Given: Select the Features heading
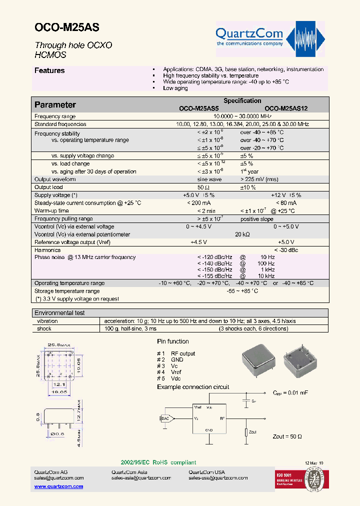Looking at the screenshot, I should pyautogui.click(x=49, y=71).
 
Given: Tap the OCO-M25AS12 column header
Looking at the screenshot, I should pyautogui.click(x=286, y=108).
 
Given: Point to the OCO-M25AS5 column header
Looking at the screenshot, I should pyautogui.click(x=199, y=108).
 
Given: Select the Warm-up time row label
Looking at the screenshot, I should pyautogui.click(x=51, y=211).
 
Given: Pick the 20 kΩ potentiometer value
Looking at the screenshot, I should pyautogui.click(x=242, y=234).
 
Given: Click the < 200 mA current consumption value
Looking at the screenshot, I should pyautogui.click(x=198, y=203).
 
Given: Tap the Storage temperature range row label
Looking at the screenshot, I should pyautogui.click(x=67, y=291).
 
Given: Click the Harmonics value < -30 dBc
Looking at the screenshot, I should pyautogui.click(x=286, y=250).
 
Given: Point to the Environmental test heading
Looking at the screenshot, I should pyautogui.click(x=59, y=313).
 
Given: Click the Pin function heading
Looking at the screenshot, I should pyautogui.click(x=173, y=341).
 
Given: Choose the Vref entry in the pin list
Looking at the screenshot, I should pyautogui.click(x=176, y=372).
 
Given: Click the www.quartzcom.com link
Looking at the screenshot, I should pyautogui.click(x=58, y=486).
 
